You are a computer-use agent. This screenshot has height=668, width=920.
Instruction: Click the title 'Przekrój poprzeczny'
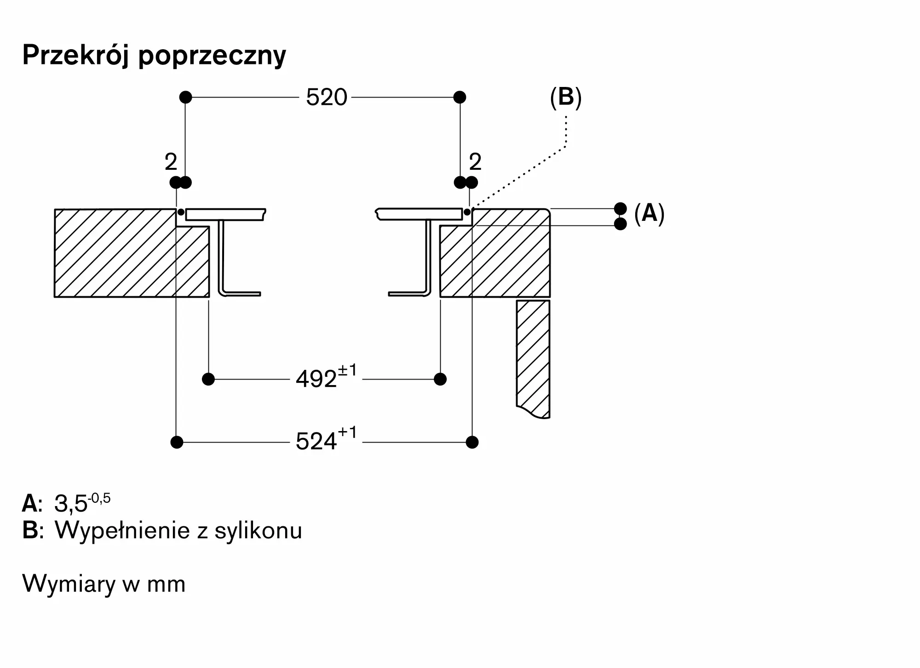[154, 56]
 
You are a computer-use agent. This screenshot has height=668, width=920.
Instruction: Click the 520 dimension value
[327, 98]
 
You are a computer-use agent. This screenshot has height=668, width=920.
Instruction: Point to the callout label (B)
[566, 98]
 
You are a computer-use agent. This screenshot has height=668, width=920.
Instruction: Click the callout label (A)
[649, 213]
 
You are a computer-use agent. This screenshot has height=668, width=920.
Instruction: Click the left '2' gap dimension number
[171, 162]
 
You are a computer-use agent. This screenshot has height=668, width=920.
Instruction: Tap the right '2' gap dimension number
[475, 162]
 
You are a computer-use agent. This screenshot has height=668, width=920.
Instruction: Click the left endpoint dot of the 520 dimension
[185, 97]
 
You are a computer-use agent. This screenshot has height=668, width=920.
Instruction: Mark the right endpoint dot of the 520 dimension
[460, 97]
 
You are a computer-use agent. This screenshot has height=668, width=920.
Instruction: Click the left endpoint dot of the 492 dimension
[208, 379]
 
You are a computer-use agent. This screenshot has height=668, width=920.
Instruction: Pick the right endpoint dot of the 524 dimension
[472, 442]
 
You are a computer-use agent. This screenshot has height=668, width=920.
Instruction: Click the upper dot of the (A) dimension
[621, 208]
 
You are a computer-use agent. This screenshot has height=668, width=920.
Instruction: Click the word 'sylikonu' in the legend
[258, 531]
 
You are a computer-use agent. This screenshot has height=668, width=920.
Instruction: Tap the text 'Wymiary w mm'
[104, 584]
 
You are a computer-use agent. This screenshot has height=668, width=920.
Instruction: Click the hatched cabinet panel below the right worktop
[533, 359]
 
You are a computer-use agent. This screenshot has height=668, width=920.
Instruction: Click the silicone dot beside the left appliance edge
[181, 212]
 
